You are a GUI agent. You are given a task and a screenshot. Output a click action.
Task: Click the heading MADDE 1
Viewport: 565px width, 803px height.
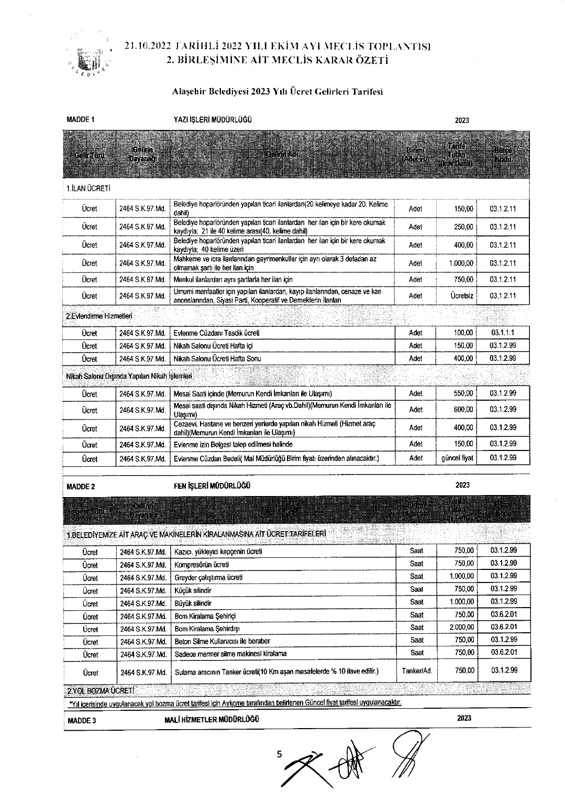[x=81, y=119]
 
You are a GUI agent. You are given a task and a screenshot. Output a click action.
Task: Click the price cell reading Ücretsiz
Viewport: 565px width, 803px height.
[x=462, y=296]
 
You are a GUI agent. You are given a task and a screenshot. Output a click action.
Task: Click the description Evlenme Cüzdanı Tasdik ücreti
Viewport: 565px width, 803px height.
[x=216, y=333]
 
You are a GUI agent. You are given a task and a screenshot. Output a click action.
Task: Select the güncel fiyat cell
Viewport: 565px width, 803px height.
[x=457, y=458]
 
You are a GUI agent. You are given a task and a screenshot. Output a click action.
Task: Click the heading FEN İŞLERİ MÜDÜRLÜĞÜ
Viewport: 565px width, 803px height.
[x=212, y=486]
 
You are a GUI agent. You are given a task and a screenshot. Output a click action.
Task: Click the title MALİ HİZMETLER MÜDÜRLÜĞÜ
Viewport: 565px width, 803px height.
[x=212, y=719]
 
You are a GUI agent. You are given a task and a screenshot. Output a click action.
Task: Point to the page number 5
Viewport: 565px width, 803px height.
[x=279, y=754]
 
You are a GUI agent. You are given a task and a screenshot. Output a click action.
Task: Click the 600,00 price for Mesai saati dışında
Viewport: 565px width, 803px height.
[x=463, y=410]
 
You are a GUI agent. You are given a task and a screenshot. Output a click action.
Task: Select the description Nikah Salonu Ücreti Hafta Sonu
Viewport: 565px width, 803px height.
[x=217, y=359]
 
